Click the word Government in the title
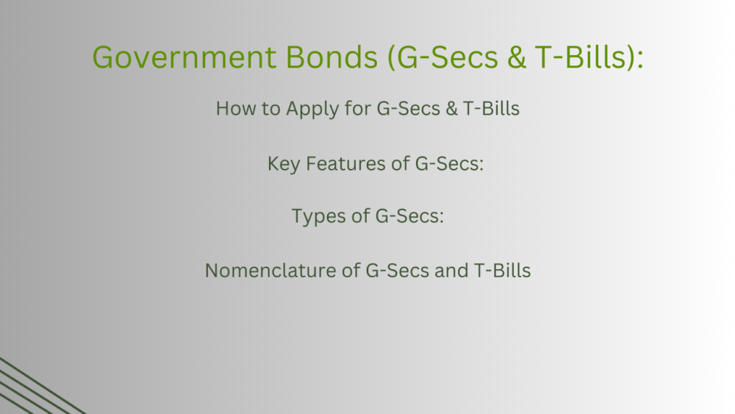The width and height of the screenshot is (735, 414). point(184,57)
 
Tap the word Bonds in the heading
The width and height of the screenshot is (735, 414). point(331,57)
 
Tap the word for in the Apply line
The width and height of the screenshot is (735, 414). point(358,108)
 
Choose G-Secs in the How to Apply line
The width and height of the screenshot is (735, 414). point(409,108)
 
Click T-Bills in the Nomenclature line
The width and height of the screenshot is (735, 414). point(503,271)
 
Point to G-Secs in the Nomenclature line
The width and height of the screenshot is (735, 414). point(398,271)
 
